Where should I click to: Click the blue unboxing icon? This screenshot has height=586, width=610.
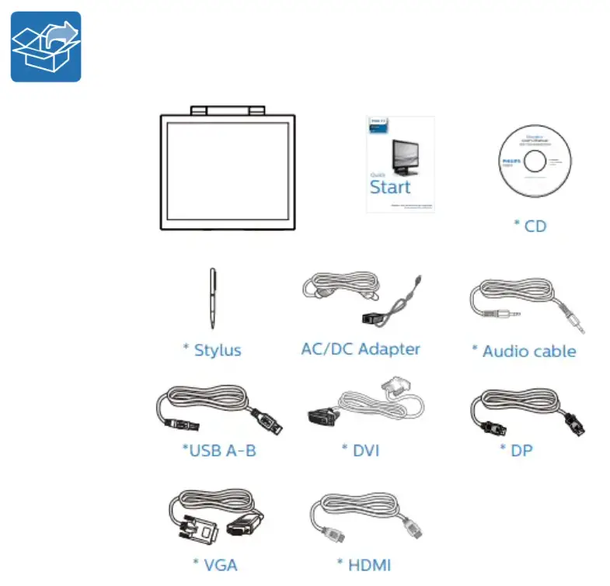tap(46, 47)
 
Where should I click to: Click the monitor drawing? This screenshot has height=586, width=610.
tap(228, 171)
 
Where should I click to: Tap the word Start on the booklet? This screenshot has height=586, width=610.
tap(390, 187)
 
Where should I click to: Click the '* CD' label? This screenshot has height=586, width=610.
tap(530, 226)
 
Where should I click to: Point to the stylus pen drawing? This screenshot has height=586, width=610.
tap(212, 298)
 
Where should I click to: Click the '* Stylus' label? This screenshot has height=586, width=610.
tap(212, 350)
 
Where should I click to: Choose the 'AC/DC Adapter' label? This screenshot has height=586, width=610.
tap(361, 348)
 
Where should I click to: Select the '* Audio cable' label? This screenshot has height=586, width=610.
tap(524, 351)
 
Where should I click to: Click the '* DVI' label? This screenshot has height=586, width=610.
tap(361, 450)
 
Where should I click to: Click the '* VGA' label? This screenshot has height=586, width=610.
tap(214, 564)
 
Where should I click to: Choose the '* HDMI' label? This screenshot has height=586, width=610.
tap(364, 564)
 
